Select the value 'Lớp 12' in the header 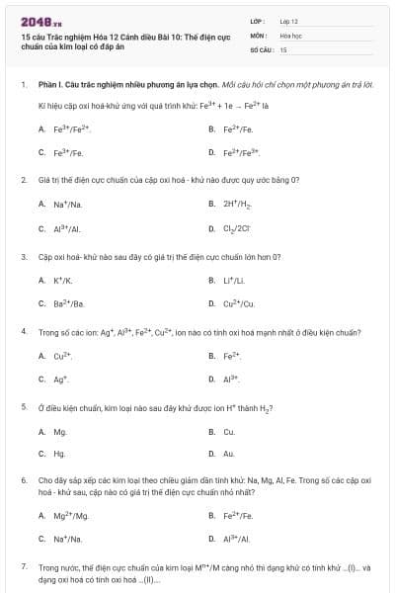pos(289,20)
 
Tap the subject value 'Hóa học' pos(290,35)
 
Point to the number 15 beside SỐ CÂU pos(283,48)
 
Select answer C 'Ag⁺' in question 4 pos(61,379)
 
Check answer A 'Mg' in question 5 pos(60,431)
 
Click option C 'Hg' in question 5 pos(59,454)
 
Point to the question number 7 pos(24,567)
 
